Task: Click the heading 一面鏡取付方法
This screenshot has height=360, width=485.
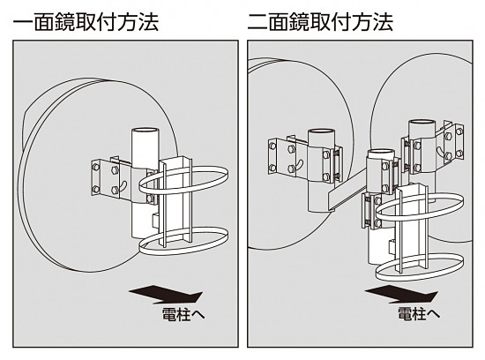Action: [x=86, y=21]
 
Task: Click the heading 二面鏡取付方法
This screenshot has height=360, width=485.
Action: [x=322, y=21]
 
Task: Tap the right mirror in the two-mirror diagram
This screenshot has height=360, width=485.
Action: [x=397, y=88]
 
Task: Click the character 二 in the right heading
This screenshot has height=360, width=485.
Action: [x=260, y=21]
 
